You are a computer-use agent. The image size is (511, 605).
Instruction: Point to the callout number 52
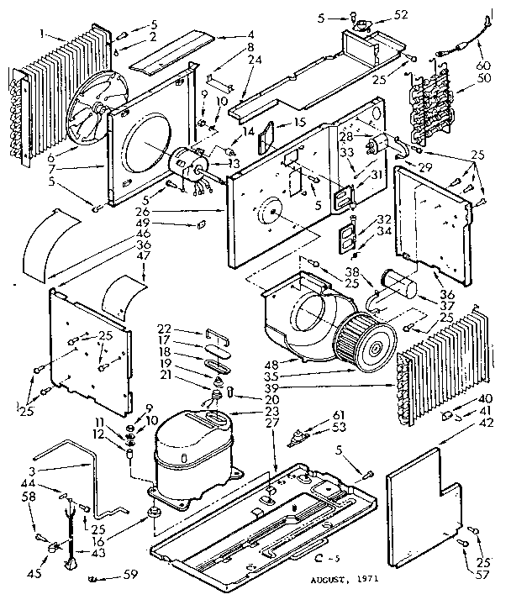click(x=400, y=15)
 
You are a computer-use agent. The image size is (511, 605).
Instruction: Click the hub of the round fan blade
click(x=99, y=109)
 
